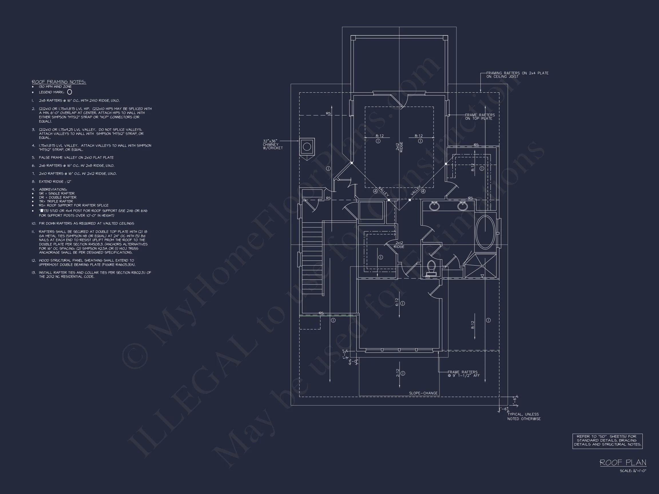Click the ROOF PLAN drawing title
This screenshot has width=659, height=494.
tap(623, 463)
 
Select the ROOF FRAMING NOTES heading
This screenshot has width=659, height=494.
tap(59, 82)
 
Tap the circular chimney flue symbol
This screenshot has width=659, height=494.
tap(307, 146)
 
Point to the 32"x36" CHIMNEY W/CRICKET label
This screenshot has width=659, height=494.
tap(272, 144)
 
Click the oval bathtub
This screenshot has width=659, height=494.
tap(485, 232)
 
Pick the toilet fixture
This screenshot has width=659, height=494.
tap(431, 268)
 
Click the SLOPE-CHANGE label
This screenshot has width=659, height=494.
tap(423, 393)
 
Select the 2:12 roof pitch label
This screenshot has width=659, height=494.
tap(398, 373)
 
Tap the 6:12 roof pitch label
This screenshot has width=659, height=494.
tap(397, 302)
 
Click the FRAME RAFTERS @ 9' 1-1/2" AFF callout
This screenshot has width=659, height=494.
tap(464, 374)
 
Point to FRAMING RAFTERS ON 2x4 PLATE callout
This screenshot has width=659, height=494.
tap(517, 75)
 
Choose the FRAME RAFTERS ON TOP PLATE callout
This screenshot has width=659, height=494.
tap(480, 117)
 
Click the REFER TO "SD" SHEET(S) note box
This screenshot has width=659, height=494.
tap(608, 441)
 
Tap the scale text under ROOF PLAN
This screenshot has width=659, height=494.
tap(633, 471)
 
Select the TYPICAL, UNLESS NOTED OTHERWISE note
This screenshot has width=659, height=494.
tap(524, 416)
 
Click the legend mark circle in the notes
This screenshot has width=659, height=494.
tap(70, 92)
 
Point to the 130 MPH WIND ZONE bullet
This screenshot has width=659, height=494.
tap(55, 87)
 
